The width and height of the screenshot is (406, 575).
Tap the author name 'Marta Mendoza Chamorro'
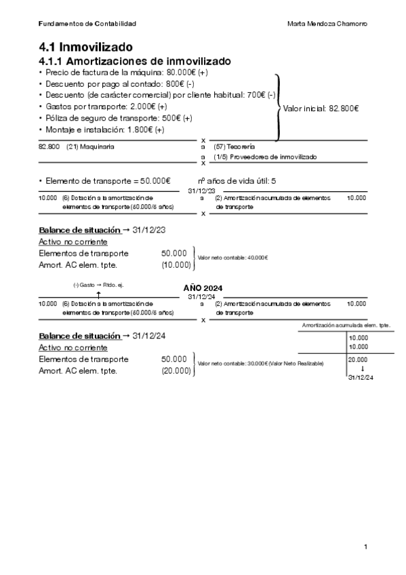pos(327,24)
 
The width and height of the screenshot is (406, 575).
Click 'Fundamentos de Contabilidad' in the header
pos(87,24)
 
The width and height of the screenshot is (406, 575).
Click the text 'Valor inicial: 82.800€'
pos(321,108)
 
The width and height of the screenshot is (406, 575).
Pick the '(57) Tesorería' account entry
pos(234,146)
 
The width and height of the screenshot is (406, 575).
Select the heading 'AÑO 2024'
pos(203,288)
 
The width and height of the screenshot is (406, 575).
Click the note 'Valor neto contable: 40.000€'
pos(232,258)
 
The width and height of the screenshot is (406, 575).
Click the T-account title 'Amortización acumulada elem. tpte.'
pos(346,326)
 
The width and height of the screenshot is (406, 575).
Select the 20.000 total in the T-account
pos(357,360)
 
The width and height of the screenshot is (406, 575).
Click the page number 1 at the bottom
pos(365,547)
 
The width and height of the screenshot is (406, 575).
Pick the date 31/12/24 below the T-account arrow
pos(361,377)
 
